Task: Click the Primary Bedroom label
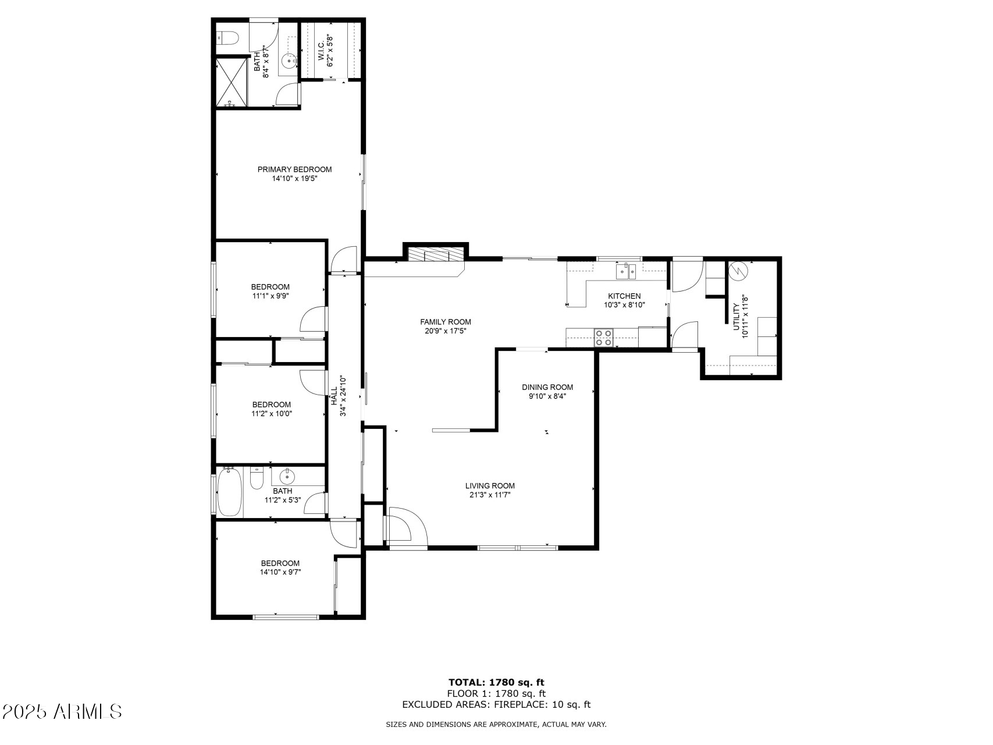tap(294, 169)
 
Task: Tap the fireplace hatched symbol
tap(436, 255)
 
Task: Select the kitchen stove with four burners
tap(604, 338)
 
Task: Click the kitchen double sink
tap(627, 271)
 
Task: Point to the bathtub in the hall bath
tap(230, 492)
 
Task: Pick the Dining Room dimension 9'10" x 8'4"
tap(547, 396)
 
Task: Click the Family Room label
tap(446, 322)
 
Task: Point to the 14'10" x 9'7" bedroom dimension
tap(280, 572)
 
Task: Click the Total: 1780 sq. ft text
tap(496, 682)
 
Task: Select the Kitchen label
tap(624, 296)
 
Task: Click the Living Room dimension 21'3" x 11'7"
tap(490, 495)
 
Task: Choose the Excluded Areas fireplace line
tap(496, 705)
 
